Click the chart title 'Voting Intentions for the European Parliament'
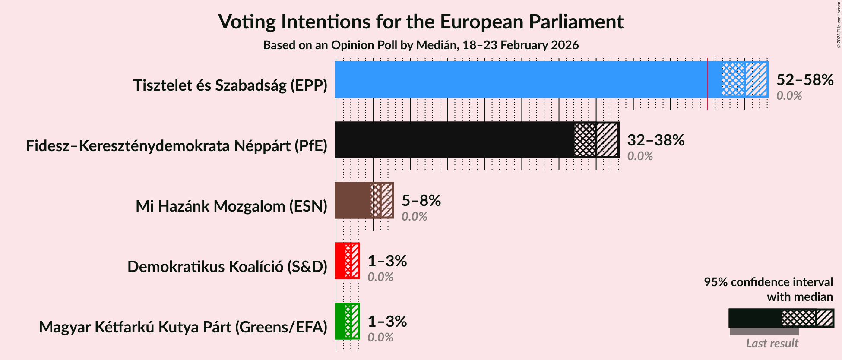pyautogui.click(x=421, y=22)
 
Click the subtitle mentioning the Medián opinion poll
pyautogui.click(x=421, y=45)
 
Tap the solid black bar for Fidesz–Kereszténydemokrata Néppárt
pyautogui.click(x=453, y=140)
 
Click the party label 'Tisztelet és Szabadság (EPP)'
pyautogui.click(x=230, y=85)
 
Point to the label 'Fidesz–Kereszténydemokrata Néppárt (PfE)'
pyautogui.click(x=177, y=146)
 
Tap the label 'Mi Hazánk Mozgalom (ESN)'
pyautogui.click(x=231, y=206)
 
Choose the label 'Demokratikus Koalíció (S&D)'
pyautogui.click(x=227, y=267)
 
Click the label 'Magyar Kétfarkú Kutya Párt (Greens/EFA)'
pyautogui.click(x=183, y=327)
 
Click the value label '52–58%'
pyautogui.click(x=804, y=80)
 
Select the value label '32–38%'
pyautogui.click(x=655, y=140)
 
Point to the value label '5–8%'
pyautogui.click(x=421, y=201)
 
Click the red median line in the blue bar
pyautogui.click(x=707, y=79)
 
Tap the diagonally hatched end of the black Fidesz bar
pyautogui.click(x=608, y=140)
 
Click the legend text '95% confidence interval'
pyautogui.click(x=768, y=282)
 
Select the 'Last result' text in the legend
pyautogui.click(x=772, y=344)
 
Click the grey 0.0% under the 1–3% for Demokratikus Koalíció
pyautogui.click(x=380, y=277)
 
